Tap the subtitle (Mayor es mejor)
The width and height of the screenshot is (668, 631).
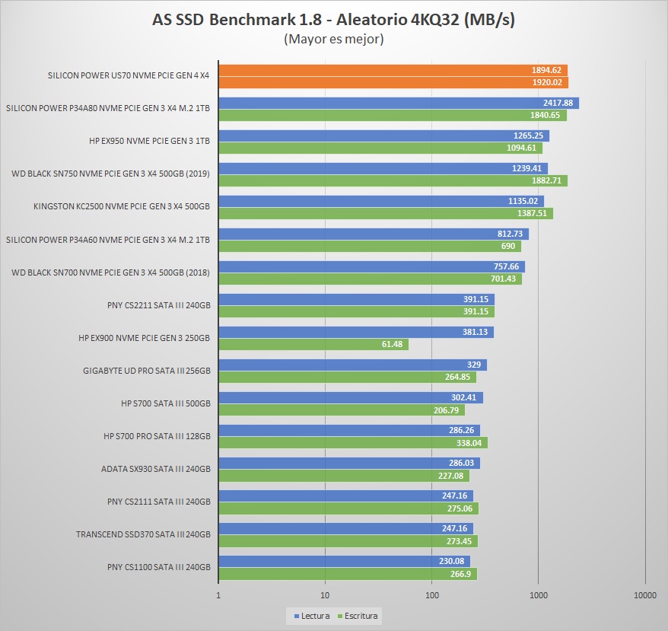(333, 39)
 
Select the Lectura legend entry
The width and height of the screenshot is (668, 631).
(312, 615)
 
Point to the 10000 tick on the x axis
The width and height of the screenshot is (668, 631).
(644, 595)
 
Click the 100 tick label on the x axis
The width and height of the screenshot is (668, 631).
(432, 595)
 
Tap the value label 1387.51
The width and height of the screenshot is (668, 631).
(531, 214)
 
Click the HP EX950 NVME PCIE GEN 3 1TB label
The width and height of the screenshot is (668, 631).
(149, 141)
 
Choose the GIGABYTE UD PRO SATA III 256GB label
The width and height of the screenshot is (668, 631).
(146, 371)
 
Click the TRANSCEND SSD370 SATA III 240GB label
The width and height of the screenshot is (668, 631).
(143, 534)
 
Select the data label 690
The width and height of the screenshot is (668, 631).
(507, 246)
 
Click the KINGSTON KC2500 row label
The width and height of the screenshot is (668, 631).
(122, 206)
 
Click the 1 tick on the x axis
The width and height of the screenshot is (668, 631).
(219, 595)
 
